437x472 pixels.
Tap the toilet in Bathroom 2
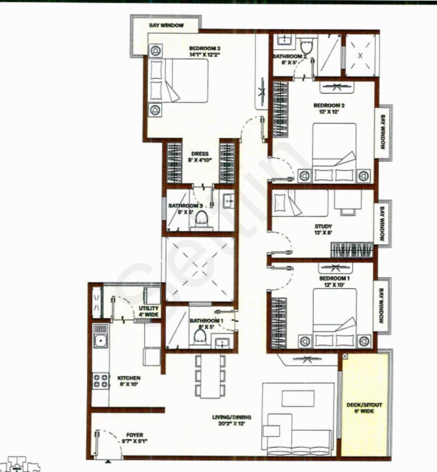click(306, 46)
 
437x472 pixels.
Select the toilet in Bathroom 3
click(202, 219)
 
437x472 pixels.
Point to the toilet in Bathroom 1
click(200, 337)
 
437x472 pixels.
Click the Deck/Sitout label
click(364, 408)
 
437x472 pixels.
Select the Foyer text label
click(134, 435)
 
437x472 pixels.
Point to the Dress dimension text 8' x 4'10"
click(200, 161)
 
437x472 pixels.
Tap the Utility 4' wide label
click(149, 311)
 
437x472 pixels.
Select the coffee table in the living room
click(298, 398)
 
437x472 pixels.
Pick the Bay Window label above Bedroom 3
click(166, 25)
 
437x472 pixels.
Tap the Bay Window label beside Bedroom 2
click(383, 132)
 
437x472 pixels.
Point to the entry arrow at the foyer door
click(108, 460)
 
